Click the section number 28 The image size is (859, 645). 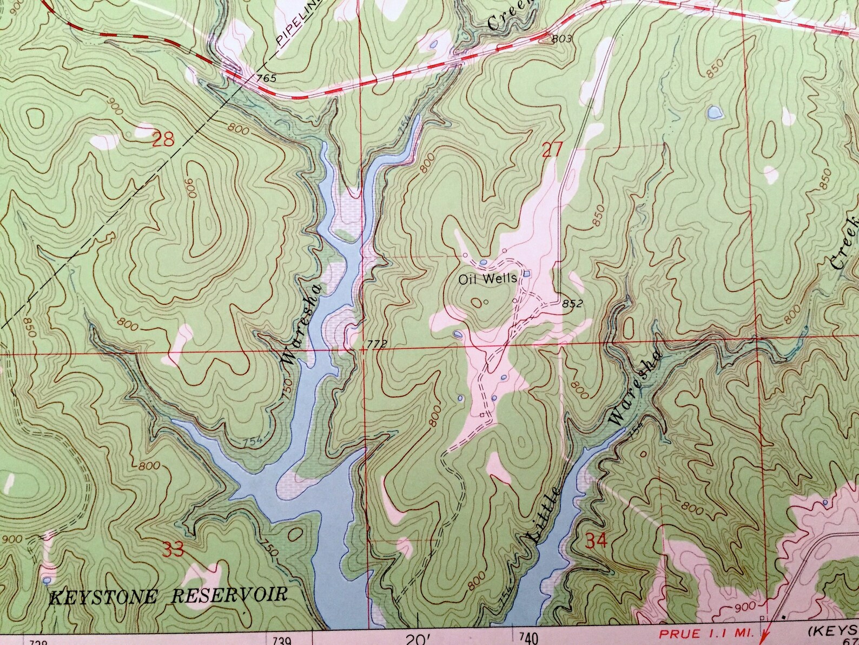(x=163, y=141)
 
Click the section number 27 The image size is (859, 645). (x=552, y=149)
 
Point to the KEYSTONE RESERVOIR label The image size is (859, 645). (x=167, y=596)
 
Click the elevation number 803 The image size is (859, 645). (x=561, y=39)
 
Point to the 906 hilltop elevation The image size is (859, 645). (x=189, y=190)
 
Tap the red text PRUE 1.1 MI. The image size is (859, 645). (x=709, y=633)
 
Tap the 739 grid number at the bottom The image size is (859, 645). (x=282, y=641)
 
